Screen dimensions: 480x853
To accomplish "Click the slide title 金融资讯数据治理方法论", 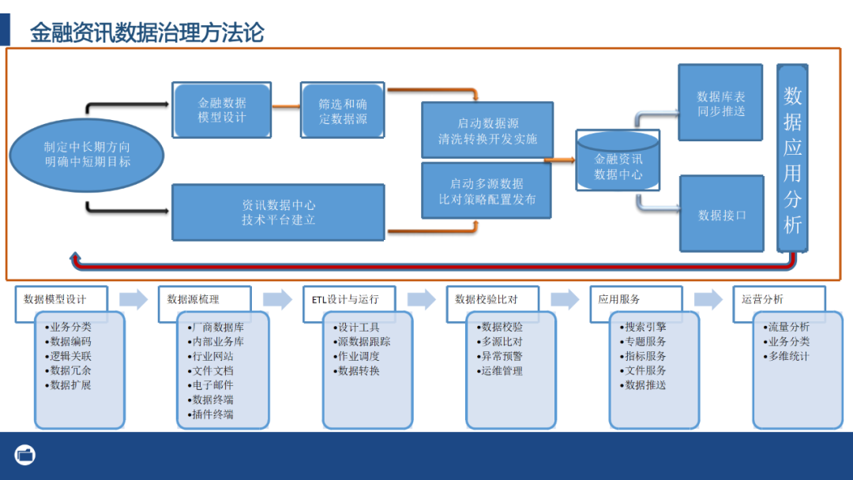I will point(147,32).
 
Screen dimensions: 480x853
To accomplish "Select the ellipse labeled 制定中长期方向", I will point(87,155).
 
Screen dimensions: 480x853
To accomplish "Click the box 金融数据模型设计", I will point(222,110).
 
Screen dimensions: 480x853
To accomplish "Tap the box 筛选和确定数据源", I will point(343,110).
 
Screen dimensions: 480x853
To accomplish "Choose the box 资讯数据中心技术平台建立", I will point(278,212).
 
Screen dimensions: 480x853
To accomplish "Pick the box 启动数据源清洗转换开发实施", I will point(487,130).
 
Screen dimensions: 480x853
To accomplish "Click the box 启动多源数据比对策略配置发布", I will point(487,191).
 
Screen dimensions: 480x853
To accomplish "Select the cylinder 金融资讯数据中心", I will point(618,166).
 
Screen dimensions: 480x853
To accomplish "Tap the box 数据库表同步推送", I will point(720,103).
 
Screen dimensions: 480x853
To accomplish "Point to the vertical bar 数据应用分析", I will point(793,158).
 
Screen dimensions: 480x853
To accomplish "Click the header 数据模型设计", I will point(54,299).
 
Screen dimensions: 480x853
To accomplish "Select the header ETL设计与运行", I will point(344,299).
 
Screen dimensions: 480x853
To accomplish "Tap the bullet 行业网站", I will point(212,356).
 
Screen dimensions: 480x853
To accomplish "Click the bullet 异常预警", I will point(502,356).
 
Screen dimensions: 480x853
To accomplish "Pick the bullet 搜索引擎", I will point(644,327).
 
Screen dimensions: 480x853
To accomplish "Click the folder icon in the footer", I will point(25,455).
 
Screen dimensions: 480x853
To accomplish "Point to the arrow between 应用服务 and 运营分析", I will point(708,299).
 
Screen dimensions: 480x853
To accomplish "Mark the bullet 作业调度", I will point(358,356).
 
